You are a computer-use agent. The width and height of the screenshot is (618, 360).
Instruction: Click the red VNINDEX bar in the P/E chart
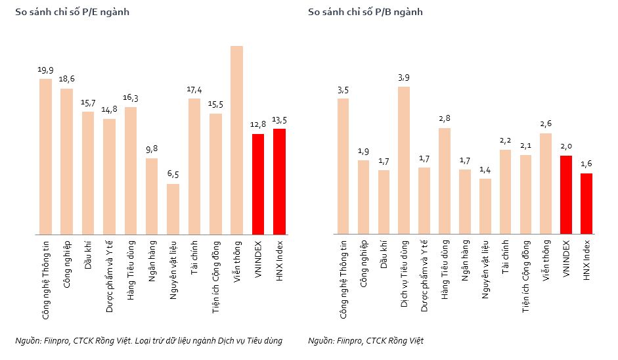point(257,184)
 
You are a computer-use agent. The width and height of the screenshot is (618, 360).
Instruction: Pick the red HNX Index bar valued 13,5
point(279,181)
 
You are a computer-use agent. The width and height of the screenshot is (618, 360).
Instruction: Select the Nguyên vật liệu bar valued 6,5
point(173,209)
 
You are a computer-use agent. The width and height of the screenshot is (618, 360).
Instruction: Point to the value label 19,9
point(45,70)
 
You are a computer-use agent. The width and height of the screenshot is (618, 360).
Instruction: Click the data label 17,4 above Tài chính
point(194,90)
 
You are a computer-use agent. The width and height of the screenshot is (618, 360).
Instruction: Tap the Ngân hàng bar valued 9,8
point(152,196)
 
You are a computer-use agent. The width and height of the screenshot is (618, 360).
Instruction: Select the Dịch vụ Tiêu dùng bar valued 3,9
point(404,160)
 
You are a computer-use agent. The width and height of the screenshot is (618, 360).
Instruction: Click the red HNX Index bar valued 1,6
point(586,204)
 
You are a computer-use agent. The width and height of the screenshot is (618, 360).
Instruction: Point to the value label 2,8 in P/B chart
point(445,119)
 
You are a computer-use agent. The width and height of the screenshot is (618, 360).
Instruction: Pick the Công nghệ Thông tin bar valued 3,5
point(343,166)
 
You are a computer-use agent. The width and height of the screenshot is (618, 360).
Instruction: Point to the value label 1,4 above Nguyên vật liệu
point(485,170)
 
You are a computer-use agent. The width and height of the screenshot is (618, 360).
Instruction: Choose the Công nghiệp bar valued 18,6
point(66,162)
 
